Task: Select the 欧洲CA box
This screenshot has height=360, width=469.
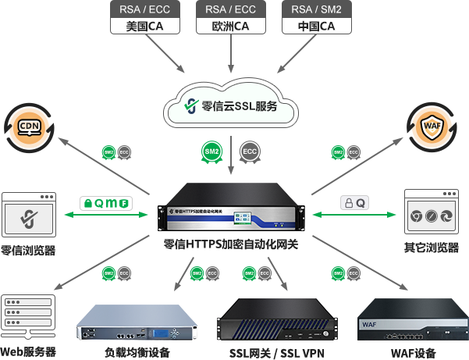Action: (x=230, y=18)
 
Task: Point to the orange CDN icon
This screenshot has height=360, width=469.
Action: (x=29, y=126)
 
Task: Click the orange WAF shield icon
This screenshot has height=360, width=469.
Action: (x=431, y=125)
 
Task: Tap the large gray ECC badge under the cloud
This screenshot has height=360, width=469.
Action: (x=250, y=150)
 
